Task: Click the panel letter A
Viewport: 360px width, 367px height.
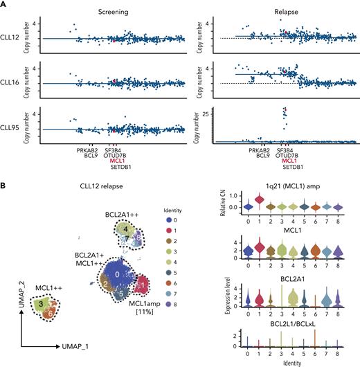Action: click(x=5, y=5)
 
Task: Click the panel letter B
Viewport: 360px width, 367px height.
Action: click(x=5, y=185)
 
